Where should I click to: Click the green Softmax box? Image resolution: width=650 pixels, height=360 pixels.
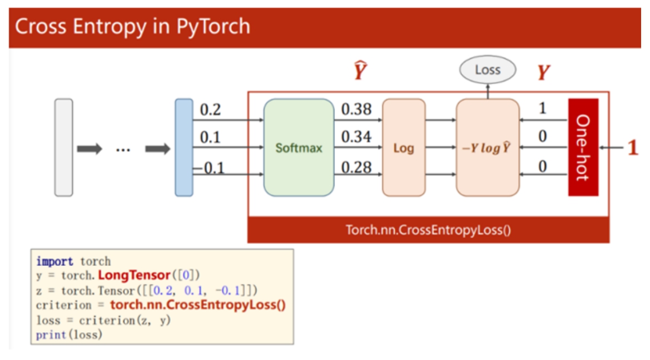pos(299,147)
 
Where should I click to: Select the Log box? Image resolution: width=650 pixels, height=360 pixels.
pos(403,147)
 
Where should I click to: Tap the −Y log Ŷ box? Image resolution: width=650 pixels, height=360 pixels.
pos(488,147)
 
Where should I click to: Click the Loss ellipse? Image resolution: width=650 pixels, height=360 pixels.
pos(488,70)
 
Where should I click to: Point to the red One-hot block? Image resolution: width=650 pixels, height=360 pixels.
pos(583,147)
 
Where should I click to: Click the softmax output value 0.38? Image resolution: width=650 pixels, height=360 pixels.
pos(356,109)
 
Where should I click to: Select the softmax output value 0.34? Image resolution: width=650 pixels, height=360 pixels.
pos(356,136)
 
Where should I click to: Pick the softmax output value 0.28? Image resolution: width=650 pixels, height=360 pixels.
pos(356,167)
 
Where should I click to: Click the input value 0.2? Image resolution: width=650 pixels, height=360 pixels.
pos(210,110)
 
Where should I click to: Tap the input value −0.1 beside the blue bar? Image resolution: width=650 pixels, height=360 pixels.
pos(209,167)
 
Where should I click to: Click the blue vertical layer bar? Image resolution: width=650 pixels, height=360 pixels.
pos(183,147)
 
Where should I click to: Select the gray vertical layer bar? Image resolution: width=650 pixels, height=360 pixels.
pos(64,147)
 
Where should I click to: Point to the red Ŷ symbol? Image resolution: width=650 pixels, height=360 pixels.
pos(360,70)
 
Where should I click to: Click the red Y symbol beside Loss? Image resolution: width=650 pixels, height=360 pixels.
pos(543,72)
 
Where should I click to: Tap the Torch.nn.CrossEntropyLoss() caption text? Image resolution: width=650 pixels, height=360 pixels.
pos(428,230)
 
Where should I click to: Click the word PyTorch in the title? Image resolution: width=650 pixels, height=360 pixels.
pos(213,27)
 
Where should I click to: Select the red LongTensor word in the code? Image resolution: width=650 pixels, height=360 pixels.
pos(134,275)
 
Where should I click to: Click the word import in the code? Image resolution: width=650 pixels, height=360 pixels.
pos(54,262)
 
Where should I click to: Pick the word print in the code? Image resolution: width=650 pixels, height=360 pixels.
pos(51,335)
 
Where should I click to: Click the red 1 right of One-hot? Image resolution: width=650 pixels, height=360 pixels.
pos(633,147)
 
